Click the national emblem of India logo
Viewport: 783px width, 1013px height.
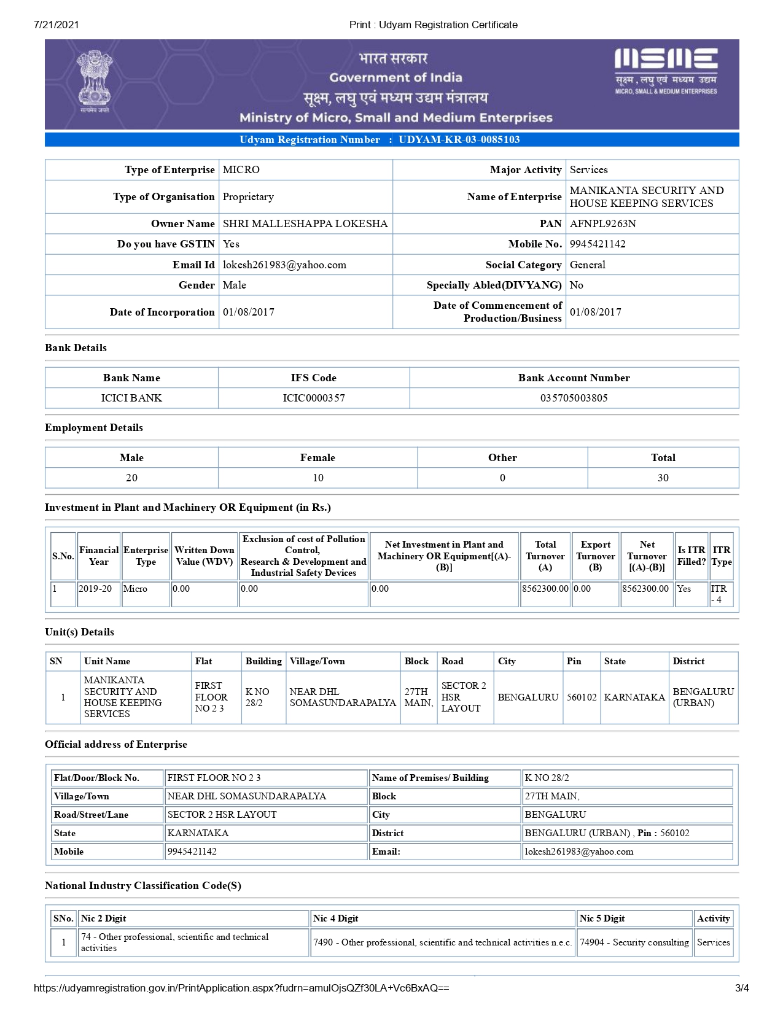95,82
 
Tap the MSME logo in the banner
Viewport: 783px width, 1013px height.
666,71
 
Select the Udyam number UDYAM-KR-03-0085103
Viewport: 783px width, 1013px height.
459,139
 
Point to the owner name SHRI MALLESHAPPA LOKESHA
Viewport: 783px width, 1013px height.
305,223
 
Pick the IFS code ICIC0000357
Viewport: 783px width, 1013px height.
313,398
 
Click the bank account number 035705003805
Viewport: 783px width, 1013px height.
574,398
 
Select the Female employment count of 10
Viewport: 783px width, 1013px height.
317,478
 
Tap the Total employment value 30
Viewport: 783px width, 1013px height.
663,478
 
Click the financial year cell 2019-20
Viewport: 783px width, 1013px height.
95,589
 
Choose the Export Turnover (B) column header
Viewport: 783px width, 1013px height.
595,556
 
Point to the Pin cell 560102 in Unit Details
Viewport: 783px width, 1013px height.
581,697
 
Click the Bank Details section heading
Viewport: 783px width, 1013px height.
76,347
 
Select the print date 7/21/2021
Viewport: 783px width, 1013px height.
56,25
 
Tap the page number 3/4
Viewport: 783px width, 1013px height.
741,988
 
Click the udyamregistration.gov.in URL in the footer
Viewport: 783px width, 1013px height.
241,988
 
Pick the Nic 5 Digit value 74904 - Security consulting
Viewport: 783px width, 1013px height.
634,942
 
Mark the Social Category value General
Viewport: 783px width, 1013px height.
587,265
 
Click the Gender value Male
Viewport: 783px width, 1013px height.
234,285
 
